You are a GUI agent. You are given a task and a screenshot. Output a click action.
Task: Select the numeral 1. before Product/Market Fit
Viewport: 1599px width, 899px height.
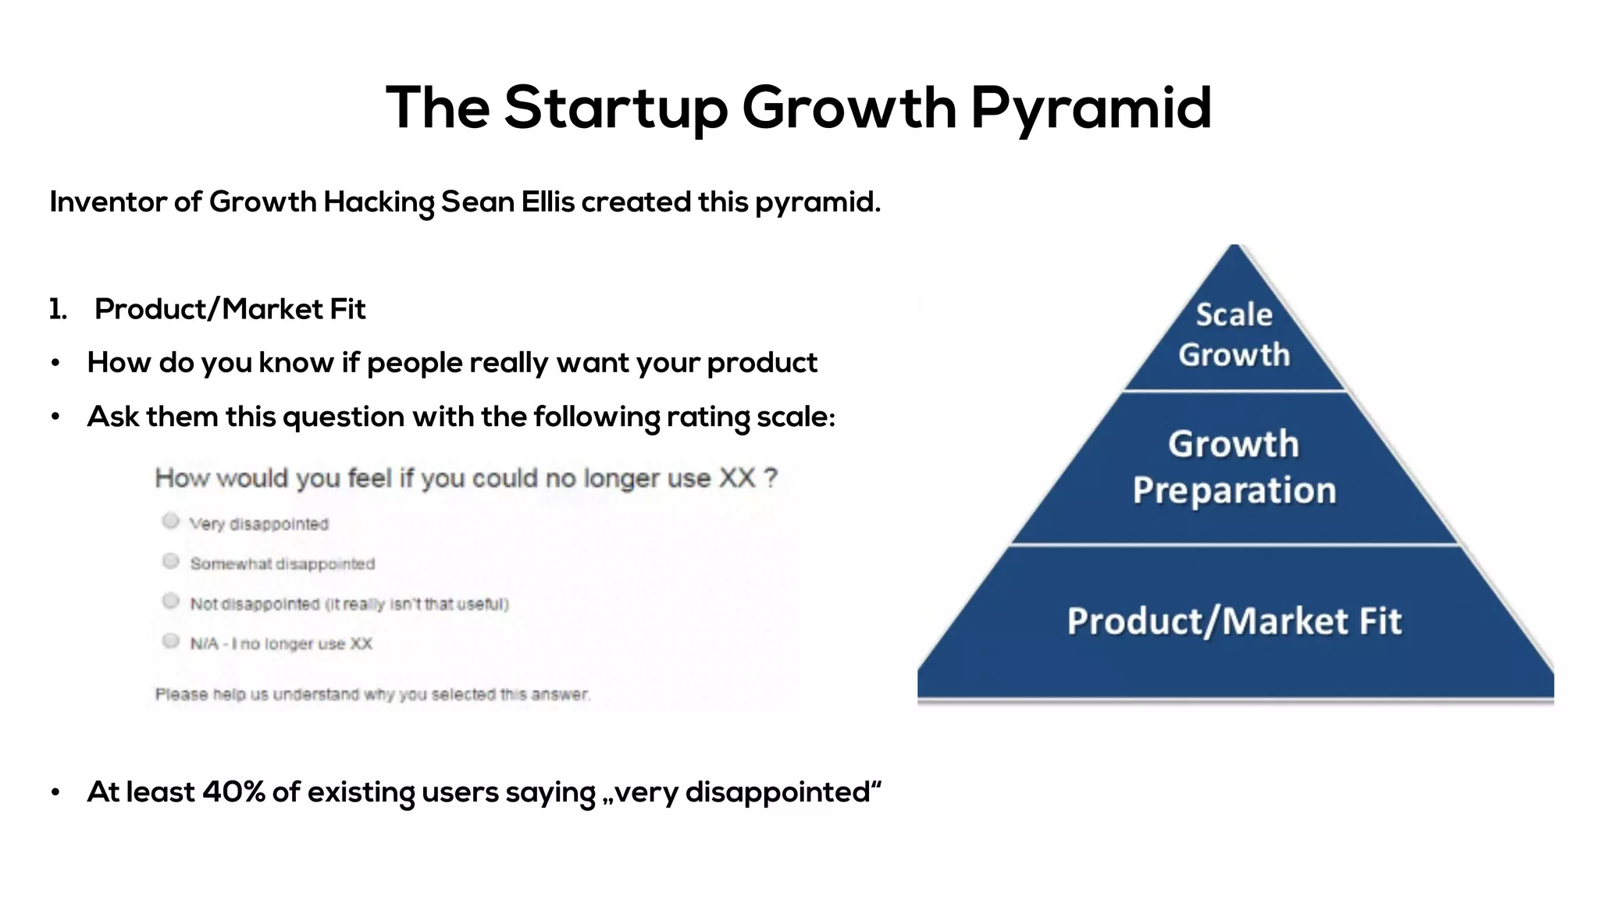(58, 310)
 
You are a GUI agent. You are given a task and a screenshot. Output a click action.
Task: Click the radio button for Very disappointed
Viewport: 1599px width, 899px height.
(171, 521)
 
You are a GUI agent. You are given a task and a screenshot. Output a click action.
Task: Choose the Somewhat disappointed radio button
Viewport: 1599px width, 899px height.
(171, 561)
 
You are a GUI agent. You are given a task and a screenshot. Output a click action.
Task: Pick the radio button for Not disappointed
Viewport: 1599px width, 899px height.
(171, 601)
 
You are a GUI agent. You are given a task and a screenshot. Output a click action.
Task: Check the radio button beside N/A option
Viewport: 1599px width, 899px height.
(171, 641)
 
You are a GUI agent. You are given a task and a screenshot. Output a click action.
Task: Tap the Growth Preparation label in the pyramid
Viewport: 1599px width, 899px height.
(1234, 467)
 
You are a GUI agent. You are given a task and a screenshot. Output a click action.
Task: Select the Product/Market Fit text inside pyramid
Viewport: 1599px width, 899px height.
(1234, 621)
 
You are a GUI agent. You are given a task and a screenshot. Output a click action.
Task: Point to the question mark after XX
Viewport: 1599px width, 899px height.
(771, 478)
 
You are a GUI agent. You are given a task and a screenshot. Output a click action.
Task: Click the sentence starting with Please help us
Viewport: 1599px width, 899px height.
(372, 695)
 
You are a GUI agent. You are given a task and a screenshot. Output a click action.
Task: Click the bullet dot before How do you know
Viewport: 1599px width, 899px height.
(55, 364)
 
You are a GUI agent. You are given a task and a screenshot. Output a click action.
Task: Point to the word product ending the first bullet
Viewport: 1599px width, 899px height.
(762, 364)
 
